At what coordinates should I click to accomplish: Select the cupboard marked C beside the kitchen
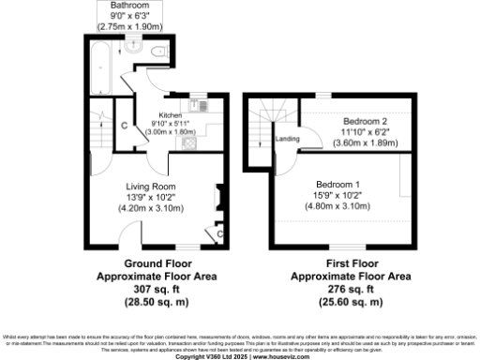pos(124,125)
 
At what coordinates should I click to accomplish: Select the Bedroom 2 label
pos(365,122)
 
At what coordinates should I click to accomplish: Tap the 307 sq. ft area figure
pos(157,290)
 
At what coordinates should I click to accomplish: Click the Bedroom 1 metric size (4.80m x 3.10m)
pos(337,205)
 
